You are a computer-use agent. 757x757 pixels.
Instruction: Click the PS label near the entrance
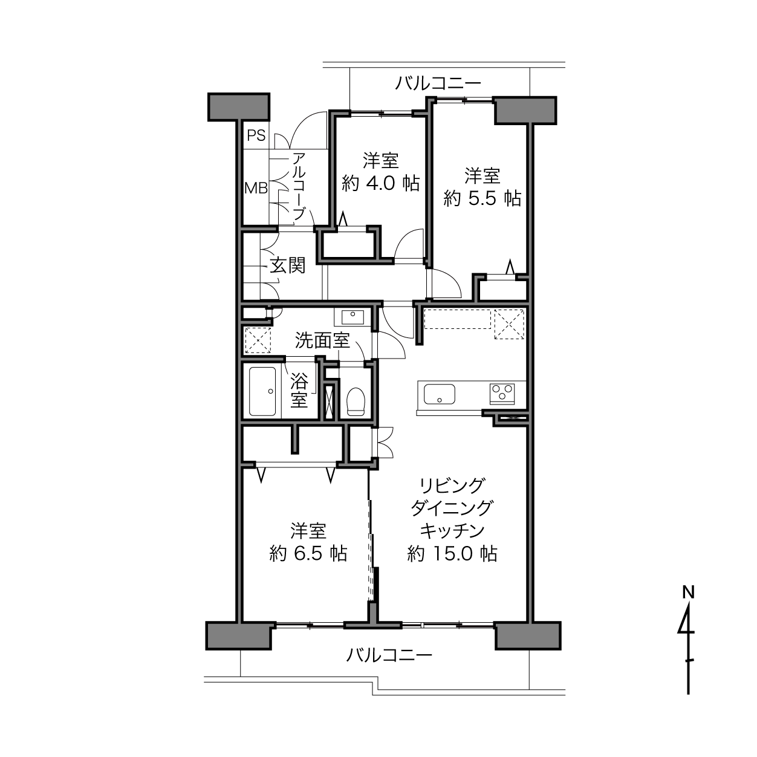click(256, 135)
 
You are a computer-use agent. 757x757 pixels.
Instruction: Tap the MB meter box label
click(256, 189)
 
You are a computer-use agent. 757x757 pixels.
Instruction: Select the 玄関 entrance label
click(288, 267)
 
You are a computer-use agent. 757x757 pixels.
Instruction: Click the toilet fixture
click(356, 401)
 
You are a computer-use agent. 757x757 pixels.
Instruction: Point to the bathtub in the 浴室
click(263, 392)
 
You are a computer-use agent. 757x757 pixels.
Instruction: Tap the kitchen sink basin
click(440, 394)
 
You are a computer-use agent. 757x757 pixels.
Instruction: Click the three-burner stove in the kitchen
click(502, 393)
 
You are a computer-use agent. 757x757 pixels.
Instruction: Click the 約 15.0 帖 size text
click(452, 554)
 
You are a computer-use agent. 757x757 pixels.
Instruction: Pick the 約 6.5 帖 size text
click(308, 554)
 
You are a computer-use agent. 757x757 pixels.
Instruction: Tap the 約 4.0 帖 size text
click(381, 183)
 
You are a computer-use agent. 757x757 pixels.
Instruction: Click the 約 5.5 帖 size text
click(482, 198)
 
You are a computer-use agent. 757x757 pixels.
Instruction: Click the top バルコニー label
click(438, 83)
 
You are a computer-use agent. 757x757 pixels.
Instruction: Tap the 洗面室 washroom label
click(322, 340)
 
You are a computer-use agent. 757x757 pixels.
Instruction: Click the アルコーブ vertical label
click(299, 187)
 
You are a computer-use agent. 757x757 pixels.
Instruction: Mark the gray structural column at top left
click(239, 107)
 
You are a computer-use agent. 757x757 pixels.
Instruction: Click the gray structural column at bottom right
click(528, 635)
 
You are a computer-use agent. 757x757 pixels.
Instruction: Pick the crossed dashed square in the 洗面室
click(258, 340)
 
